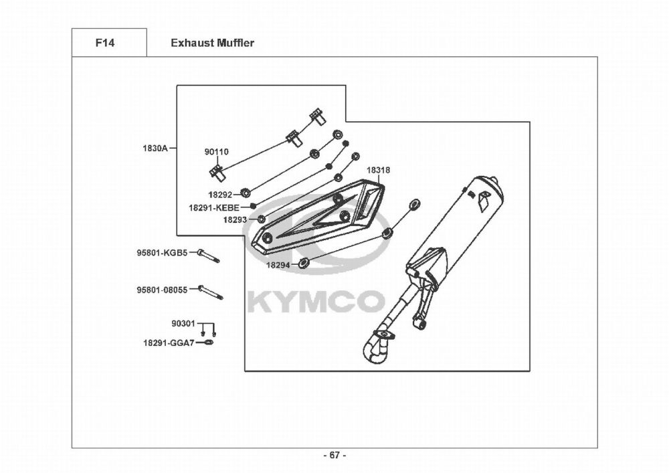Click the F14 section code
105,43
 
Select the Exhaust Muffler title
212,43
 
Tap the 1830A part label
155,148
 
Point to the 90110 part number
216,153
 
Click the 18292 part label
219,195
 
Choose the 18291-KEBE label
213,208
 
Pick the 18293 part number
235,219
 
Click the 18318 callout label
378,171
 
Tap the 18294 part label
278,265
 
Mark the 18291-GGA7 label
168,343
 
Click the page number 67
334,456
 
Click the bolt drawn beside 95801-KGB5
209,256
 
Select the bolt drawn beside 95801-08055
210,292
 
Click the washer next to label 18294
304,262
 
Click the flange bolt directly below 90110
217,173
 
